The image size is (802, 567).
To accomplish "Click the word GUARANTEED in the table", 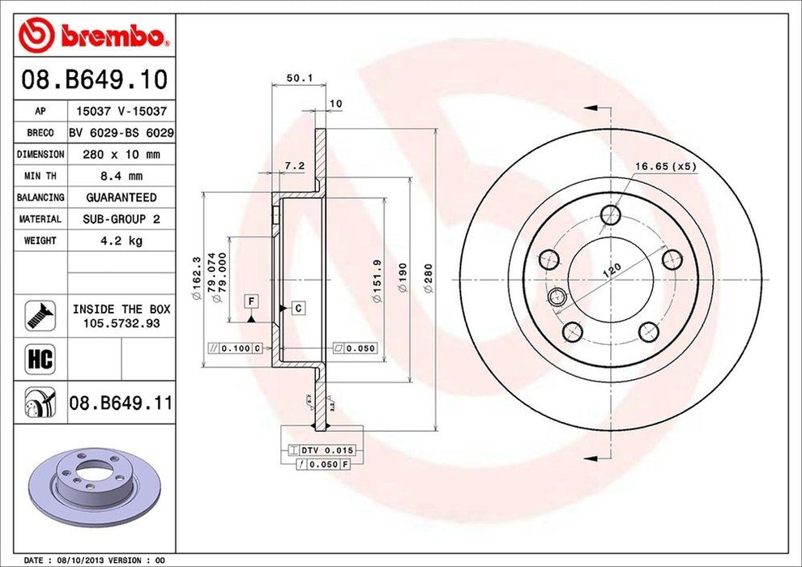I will click(x=122, y=197).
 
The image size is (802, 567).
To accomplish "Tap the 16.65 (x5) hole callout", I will click(x=664, y=166).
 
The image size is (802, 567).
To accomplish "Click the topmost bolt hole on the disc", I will click(x=610, y=215).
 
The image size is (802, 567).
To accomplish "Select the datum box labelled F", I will click(x=252, y=301).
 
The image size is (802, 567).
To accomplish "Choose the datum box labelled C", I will click(x=297, y=308).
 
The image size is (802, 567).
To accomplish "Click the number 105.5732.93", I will click(x=122, y=322).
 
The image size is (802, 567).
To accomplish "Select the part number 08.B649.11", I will click(x=121, y=401).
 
